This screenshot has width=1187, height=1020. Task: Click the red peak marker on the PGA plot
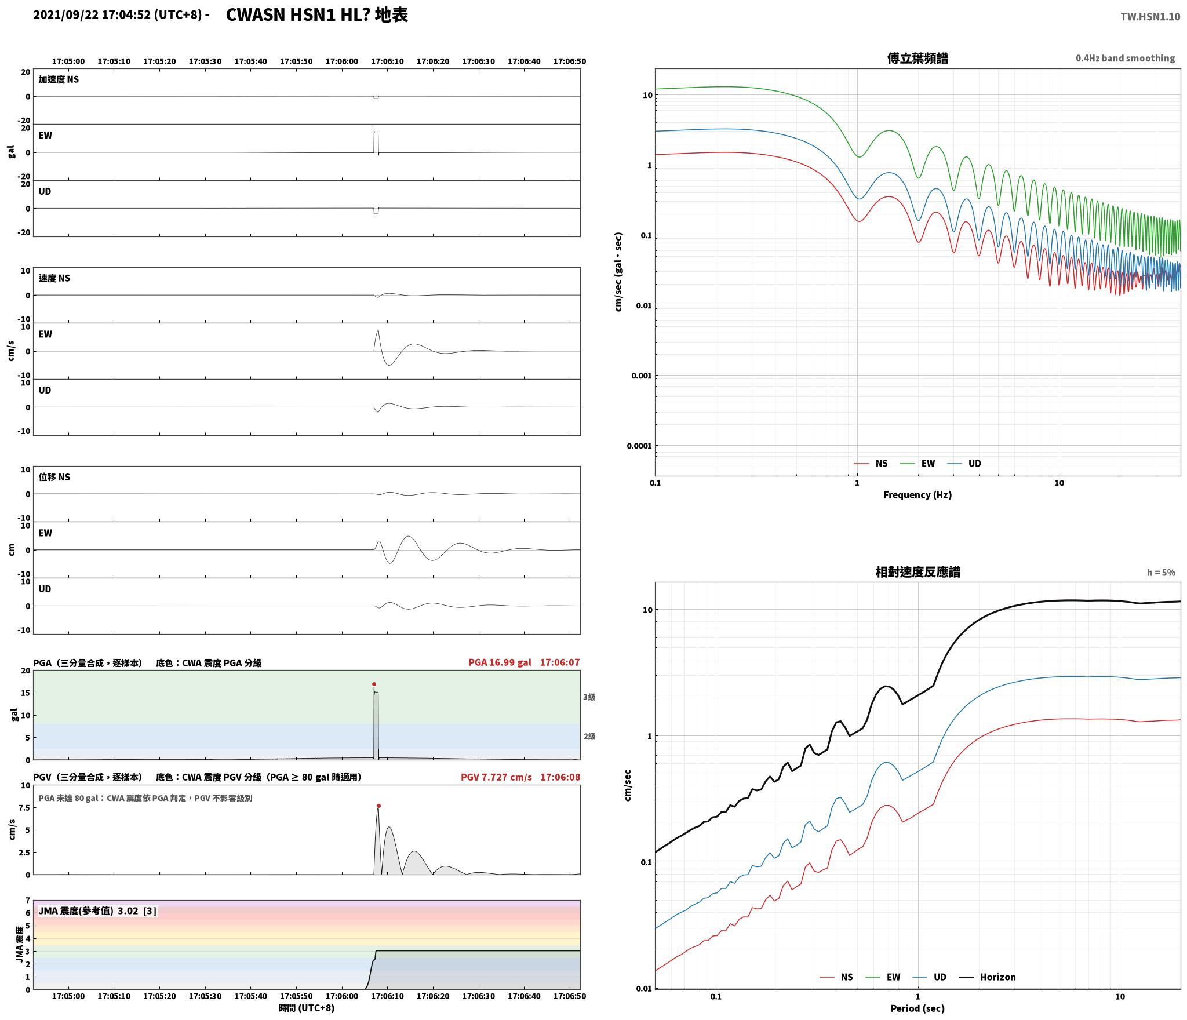[374, 684]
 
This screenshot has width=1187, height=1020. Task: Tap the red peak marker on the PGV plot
[378, 806]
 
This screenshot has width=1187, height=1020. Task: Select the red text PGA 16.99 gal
[500, 662]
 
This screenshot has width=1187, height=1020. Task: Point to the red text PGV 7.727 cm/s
[496, 777]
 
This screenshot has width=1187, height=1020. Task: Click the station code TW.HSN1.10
[1150, 17]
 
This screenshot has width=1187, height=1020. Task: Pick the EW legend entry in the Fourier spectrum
[917, 464]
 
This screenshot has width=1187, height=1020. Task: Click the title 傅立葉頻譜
[917, 59]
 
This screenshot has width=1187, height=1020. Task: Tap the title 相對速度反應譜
[917, 572]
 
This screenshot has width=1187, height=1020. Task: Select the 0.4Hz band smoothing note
[1125, 59]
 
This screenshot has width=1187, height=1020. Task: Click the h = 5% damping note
[1161, 573]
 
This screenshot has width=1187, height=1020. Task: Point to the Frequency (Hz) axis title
[917, 495]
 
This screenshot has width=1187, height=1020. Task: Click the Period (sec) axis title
[917, 1008]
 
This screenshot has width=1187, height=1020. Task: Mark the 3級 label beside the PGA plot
[589, 697]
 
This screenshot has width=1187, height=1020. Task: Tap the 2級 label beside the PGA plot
[589, 736]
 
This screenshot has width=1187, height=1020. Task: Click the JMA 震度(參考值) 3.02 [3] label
[97, 911]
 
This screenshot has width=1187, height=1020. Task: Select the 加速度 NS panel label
[59, 79]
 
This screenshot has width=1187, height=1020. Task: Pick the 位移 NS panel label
[54, 477]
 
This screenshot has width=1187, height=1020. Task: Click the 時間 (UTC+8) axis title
[307, 1008]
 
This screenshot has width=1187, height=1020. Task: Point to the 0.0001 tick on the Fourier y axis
[639, 446]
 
